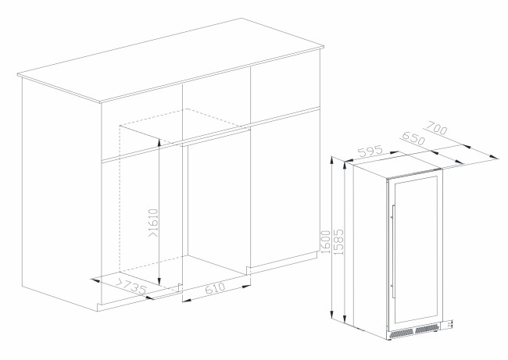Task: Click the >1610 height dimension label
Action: [x=153, y=223]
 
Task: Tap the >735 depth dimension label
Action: [x=131, y=286]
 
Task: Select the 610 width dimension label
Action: [x=215, y=288]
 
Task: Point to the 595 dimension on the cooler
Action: [x=370, y=151]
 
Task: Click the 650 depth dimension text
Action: [x=413, y=138]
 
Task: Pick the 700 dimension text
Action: [x=436, y=127]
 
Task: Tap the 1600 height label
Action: [x=325, y=241]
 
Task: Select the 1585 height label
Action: [x=338, y=241]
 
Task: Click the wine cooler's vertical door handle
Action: [x=393, y=251]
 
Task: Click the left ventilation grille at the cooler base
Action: [x=402, y=332]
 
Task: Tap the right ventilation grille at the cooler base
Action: [x=427, y=330]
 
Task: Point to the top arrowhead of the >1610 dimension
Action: [x=159, y=142]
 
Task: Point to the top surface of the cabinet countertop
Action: [x=170, y=60]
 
